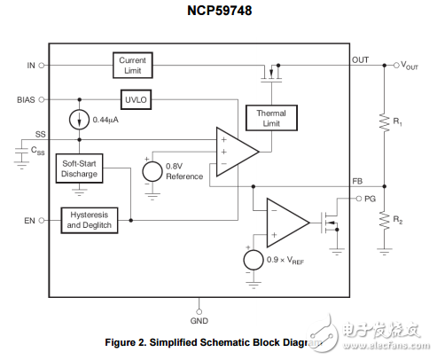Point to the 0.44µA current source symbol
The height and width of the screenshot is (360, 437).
81,119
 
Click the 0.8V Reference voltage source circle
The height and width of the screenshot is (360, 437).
151,168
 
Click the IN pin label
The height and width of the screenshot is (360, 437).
32,65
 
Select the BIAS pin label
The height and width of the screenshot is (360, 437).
27,99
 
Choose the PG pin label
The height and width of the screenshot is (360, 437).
371,200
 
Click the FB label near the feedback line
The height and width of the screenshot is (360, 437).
357,180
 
